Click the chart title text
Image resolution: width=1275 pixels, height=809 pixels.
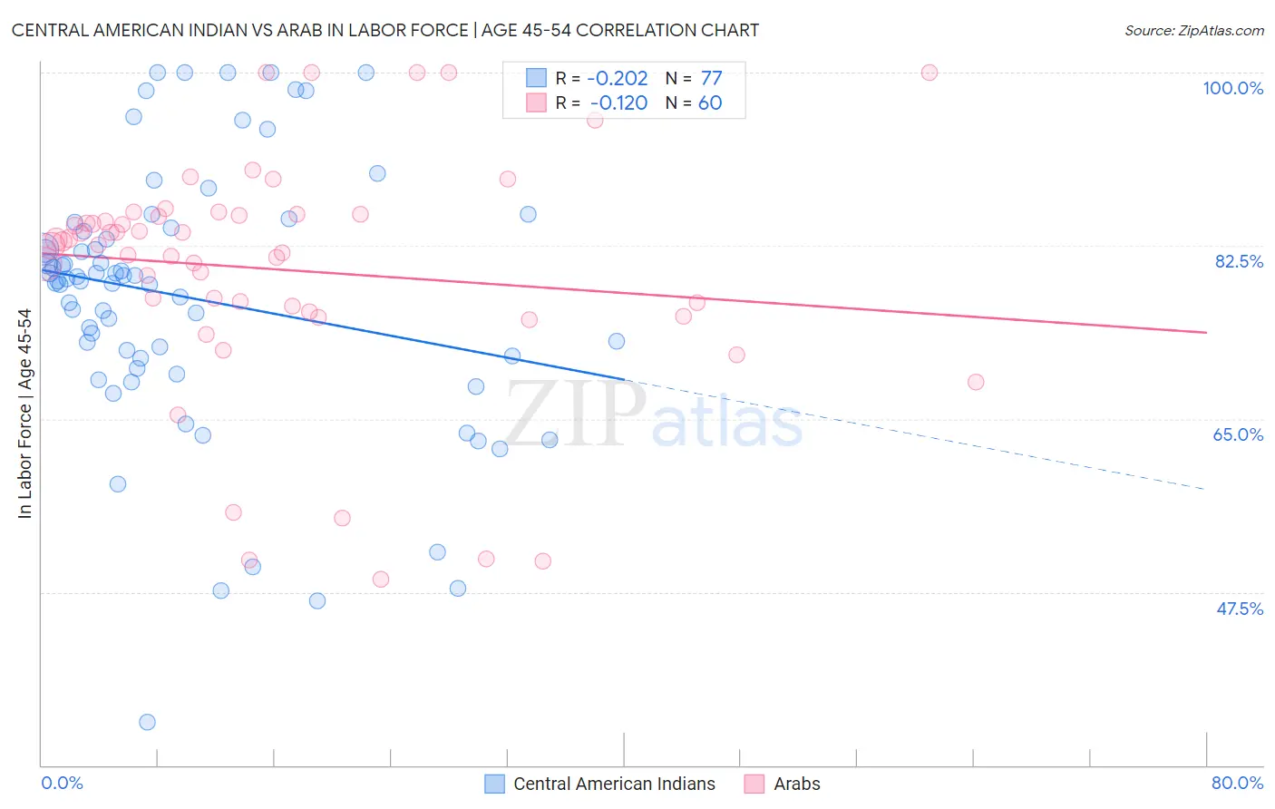(x=385, y=30)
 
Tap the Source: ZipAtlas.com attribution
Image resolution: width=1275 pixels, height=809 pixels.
(x=1193, y=30)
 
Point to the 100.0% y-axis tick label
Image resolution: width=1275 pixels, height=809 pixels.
(x=1232, y=88)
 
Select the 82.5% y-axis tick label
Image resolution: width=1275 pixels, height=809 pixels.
(x=1239, y=261)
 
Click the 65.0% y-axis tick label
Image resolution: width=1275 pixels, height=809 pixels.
(x=1238, y=434)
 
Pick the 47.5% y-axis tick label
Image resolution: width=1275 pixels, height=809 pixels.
(x=1239, y=609)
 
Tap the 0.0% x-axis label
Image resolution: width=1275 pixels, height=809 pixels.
(x=62, y=783)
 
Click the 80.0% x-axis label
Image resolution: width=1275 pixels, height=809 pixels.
(x=1237, y=783)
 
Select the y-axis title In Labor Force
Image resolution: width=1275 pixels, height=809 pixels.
(x=24, y=414)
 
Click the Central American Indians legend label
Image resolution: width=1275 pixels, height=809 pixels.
(x=614, y=784)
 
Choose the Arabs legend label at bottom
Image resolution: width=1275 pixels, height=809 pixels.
(x=796, y=784)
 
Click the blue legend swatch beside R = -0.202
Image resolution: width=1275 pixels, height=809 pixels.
(x=537, y=79)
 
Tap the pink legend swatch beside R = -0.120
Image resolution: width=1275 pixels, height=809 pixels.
(x=537, y=102)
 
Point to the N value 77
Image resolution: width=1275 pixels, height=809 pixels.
(x=711, y=79)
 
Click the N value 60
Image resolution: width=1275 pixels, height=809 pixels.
(x=710, y=102)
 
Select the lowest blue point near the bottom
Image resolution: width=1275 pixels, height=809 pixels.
(x=147, y=722)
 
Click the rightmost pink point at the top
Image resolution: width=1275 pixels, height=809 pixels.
(x=929, y=73)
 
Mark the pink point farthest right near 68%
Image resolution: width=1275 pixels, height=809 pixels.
(x=976, y=382)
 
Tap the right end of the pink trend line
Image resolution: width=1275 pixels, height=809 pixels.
(x=1206, y=333)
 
